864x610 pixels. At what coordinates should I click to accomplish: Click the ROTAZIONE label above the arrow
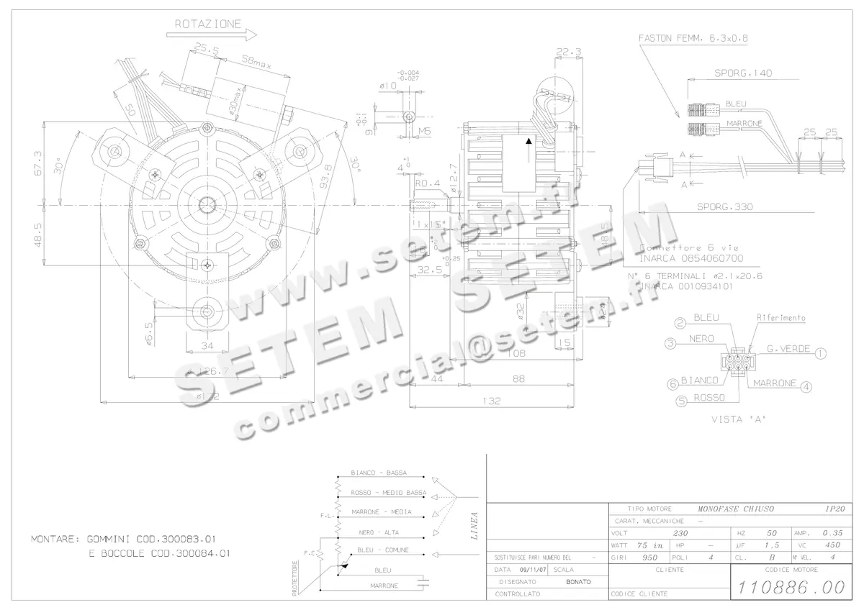[208, 24]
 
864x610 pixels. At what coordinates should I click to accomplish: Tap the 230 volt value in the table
[680, 533]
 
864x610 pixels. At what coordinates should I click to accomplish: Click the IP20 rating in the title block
[835, 508]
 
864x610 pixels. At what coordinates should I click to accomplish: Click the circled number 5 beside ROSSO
[680, 402]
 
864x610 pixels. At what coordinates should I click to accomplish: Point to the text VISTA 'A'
[737, 419]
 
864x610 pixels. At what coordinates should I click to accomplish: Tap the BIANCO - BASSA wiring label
[379, 473]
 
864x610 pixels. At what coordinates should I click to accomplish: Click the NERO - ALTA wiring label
[379, 532]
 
